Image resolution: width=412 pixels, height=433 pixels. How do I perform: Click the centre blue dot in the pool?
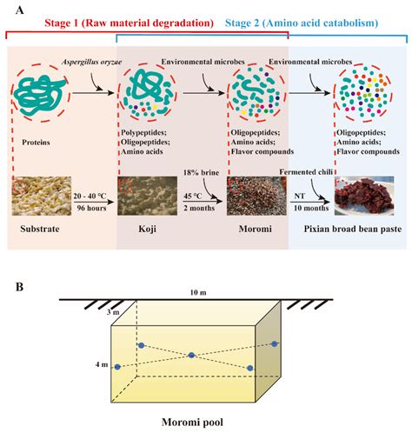tap(191, 355)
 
